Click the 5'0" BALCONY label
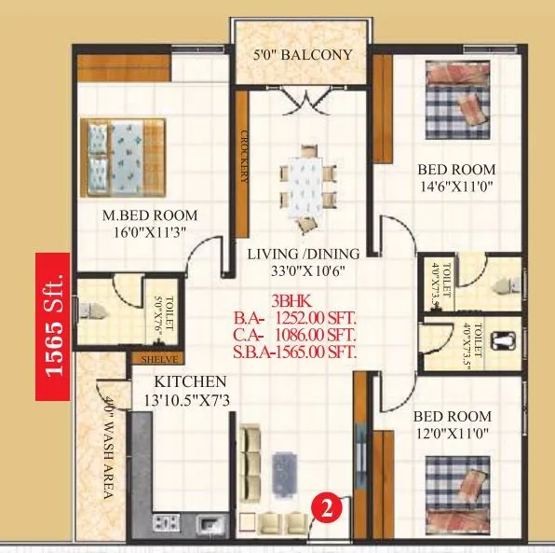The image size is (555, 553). point(303,55)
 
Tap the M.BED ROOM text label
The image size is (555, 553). point(150,215)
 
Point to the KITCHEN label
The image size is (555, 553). point(190,381)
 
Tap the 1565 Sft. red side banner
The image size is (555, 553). point(53,326)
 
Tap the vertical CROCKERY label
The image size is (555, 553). point(244,154)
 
